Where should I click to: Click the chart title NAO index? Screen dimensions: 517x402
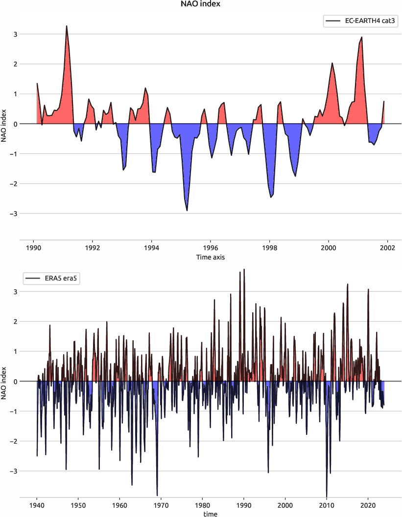(201, 4)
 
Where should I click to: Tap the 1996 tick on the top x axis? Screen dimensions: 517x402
(211, 247)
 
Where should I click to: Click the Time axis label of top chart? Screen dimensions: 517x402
(211, 257)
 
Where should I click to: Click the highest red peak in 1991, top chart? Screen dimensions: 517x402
(67, 26)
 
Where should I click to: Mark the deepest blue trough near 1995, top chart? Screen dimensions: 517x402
(187, 210)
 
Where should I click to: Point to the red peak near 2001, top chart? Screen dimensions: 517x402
(362, 37)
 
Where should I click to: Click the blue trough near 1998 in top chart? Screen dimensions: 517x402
(271, 197)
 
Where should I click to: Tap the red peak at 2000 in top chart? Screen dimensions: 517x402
(332, 63)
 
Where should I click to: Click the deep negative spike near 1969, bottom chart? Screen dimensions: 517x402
(157, 495)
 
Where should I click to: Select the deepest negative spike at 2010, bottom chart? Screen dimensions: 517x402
(327, 495)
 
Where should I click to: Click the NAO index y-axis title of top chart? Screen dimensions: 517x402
(4, 124)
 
